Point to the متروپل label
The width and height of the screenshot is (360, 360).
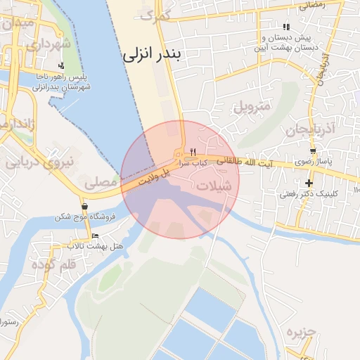251,108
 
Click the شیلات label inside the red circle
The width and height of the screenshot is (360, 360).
214,187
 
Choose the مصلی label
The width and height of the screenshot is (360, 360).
101,182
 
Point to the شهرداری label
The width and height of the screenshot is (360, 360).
49,44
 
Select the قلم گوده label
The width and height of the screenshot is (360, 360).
53,265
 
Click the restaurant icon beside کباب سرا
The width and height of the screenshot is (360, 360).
193,152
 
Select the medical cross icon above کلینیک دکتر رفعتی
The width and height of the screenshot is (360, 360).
308,183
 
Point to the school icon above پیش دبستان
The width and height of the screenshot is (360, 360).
285,27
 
